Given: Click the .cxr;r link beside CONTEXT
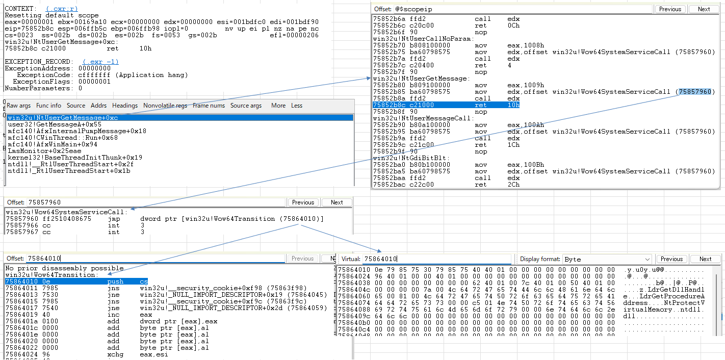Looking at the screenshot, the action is tap(62, 9).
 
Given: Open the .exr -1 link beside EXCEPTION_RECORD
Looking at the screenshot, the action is tap(100, 62).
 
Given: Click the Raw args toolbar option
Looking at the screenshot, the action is tap(18, 106).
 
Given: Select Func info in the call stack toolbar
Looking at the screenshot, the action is tap(48, 106).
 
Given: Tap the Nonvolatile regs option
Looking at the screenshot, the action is tap(165, 106).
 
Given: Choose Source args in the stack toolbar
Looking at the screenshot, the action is tap(246, 106).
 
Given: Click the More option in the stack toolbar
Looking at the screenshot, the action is tap(278, 106).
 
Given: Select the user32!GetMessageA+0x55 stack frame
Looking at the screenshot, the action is tap(55, 124).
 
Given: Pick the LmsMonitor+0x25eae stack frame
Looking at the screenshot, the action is tap(44, 151).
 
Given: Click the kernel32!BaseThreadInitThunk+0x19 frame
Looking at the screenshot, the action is tap(75, 158).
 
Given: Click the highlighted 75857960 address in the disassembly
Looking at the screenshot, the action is tap(695, 92).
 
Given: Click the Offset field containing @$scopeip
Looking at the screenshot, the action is tap(523, 9).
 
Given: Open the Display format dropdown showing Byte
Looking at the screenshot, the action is tap(607, 260).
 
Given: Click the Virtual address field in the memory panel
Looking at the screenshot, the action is tap(436, 259).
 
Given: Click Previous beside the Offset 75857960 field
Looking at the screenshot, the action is tap(303, 202).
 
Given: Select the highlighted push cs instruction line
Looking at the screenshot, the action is tap(76, 281).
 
